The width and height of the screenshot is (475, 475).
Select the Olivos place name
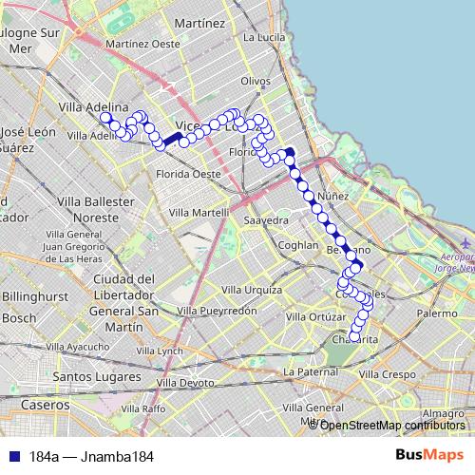[x=256, y=82]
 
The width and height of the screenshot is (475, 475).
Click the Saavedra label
[x=266, y=219]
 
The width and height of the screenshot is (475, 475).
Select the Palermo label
[x=437, y=313]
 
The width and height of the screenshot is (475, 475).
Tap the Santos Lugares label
[x=90, y=377]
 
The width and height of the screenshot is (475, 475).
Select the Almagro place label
[x=443, y=413]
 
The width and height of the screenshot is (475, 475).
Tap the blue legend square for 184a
[x=11, y=457]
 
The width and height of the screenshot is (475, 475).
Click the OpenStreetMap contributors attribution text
[x=392, y=426]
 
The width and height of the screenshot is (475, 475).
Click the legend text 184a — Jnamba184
[x=92, y=457]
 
